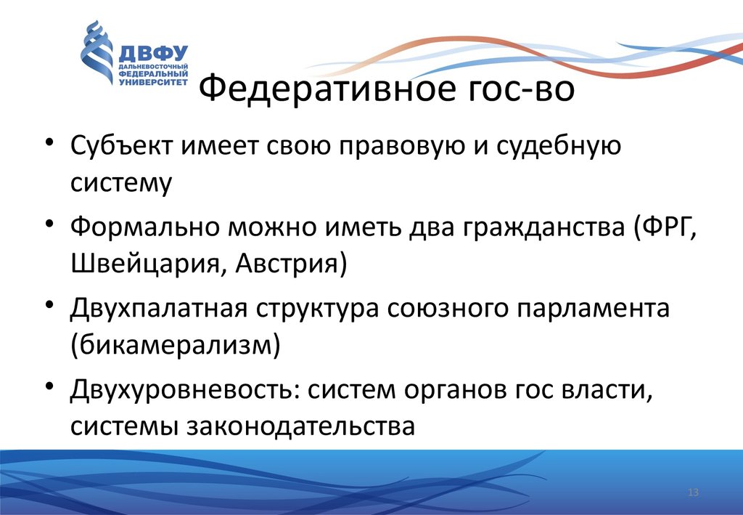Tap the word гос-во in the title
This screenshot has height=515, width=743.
coord(521,89)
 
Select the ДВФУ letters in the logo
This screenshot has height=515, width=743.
coord(153,53)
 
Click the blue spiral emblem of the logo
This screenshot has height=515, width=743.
coord(97,52)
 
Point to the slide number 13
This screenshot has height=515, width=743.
coord(693,492)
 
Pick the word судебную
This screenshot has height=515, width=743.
coord(559,146)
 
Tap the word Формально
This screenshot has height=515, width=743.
coord(144,227)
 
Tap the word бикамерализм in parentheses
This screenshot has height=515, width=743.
coord(175,345)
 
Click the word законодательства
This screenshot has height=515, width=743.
coord(300,426)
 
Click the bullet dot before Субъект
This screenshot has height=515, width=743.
coord(50,142)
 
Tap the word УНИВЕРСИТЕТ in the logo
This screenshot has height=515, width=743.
coord(153,81)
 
